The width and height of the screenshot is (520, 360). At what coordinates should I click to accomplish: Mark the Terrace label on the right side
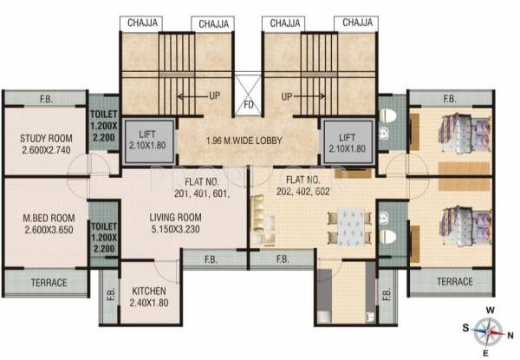click(x=454, y=282)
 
